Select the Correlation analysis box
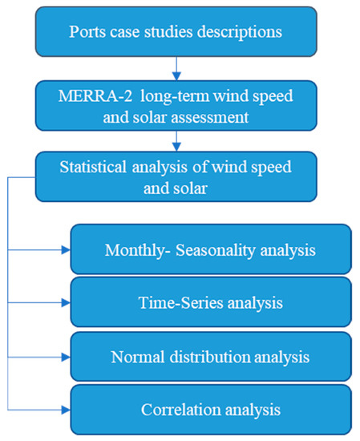(211, 409)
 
